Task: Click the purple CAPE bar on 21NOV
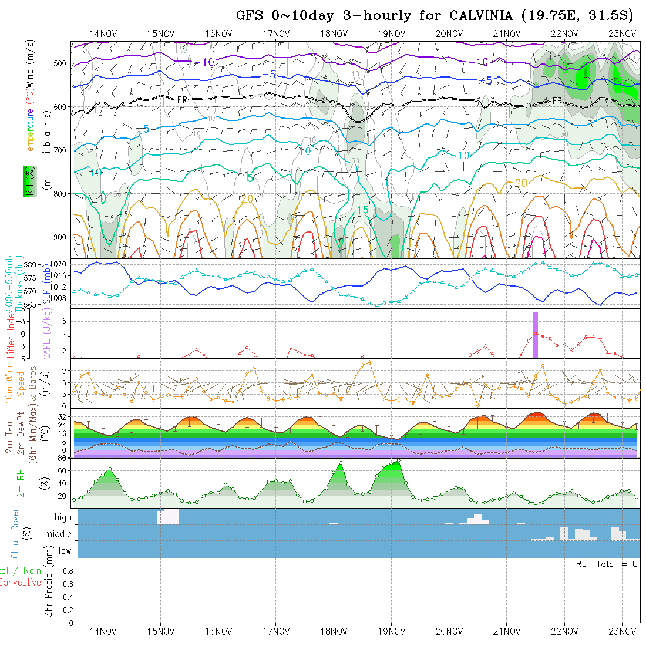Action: point(536,335)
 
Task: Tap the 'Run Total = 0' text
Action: point(607,564)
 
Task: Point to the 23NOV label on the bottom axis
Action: point(622,631)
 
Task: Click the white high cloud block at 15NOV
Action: point(167,517)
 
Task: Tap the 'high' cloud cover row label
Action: point(63,517)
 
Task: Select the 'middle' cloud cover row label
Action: point(59,534)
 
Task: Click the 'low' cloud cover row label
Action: point(65,551)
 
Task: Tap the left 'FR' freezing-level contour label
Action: point(182,100)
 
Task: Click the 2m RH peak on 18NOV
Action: point(341,463)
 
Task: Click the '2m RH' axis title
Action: point(21,483)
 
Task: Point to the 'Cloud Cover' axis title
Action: point(15,533)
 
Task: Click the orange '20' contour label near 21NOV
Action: point(521,183)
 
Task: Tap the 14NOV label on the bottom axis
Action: point(102,631)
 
